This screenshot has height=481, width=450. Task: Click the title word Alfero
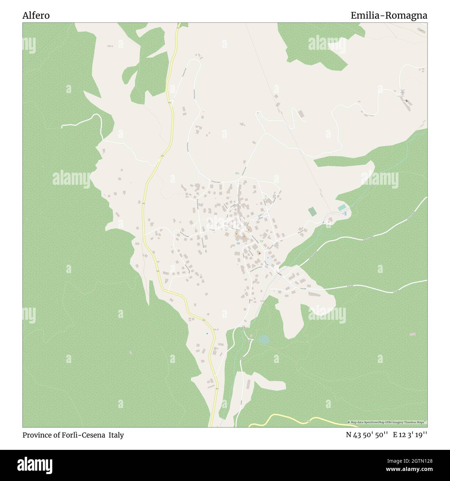[x=36, y=16]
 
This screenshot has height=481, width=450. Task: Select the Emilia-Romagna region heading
[x=388, y=16]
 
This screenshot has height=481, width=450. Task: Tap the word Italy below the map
[x=116, y=435]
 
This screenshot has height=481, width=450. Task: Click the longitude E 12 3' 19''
[x=410, y=435]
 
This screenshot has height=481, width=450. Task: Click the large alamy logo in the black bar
[x=36, y=464]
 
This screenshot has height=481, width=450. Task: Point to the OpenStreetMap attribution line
[x=387, y=422]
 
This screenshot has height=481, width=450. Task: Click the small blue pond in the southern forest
[x=264, y=339]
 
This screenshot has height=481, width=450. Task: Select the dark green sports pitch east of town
[x=313, y=211]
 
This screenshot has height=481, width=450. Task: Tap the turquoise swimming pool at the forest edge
[x=342, y=207]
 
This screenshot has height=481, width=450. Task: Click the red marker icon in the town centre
[x=259, y=253]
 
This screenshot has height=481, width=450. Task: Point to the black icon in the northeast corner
[x=407, y=101]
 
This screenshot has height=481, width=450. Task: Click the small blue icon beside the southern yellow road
[x=207, y=334]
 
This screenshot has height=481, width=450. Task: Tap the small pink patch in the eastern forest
[x=412, y=335]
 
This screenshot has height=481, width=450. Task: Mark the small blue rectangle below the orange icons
[x=238, y=243]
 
